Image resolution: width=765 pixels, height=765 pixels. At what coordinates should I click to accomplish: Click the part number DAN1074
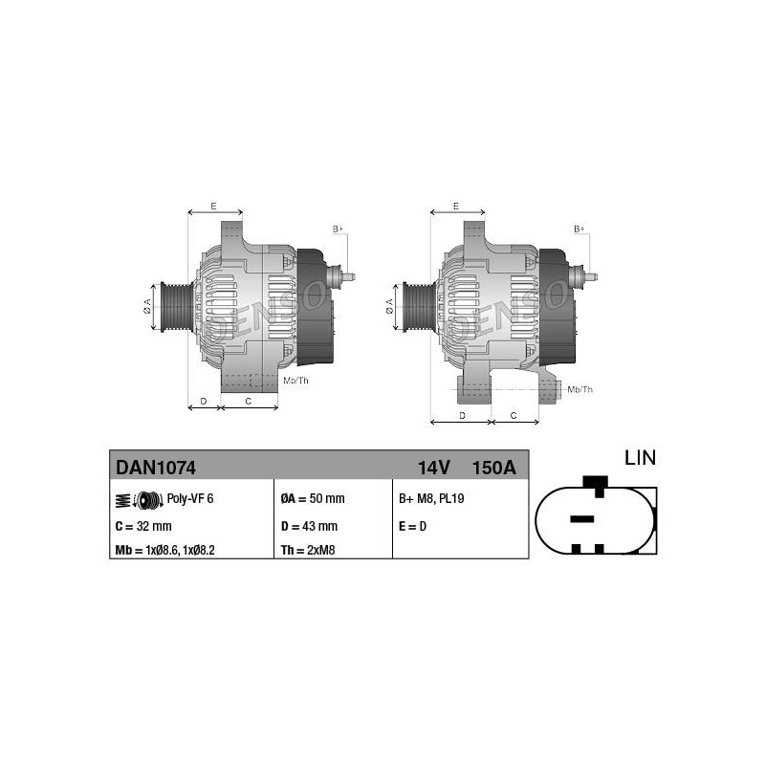(x=156, y=468)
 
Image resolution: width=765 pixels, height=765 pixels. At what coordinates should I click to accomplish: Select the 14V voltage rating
(x=433, y=468)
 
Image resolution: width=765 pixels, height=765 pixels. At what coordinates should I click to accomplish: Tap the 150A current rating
(x=493, y=468)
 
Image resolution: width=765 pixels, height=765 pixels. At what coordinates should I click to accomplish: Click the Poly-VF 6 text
(x=190, y=498)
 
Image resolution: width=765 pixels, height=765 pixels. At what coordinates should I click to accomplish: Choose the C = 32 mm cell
(x=143, y=527)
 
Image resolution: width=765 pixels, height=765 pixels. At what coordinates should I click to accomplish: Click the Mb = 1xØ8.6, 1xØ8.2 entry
(x=164, y=551)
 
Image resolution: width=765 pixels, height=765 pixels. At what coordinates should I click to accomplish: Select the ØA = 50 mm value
(x=313, y=498)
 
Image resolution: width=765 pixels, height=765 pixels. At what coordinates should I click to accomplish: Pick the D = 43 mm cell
(x=309, y=527)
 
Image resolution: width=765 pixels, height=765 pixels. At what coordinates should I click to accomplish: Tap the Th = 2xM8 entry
(x=308, y=551)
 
